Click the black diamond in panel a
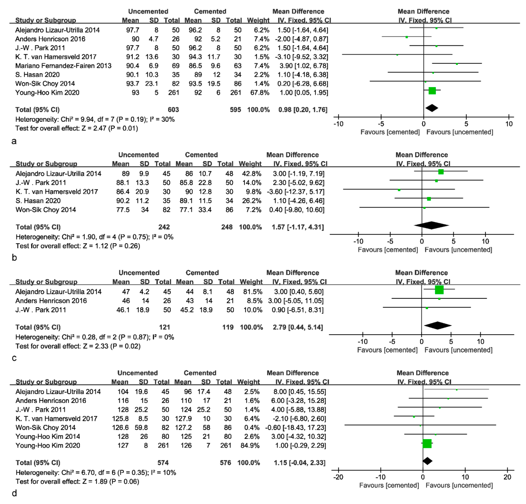coord(431,108)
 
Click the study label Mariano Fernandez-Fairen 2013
coord(63,66)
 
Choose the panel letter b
coord(14,258)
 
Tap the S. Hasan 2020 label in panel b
coord(38,201)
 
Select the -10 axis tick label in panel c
coord(362,342)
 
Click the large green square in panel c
coord(439,290)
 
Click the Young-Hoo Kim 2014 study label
coord(48,437)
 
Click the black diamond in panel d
coord(427,461)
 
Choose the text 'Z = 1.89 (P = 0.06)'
coord(111,481)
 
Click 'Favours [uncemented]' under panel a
coord(460,132)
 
